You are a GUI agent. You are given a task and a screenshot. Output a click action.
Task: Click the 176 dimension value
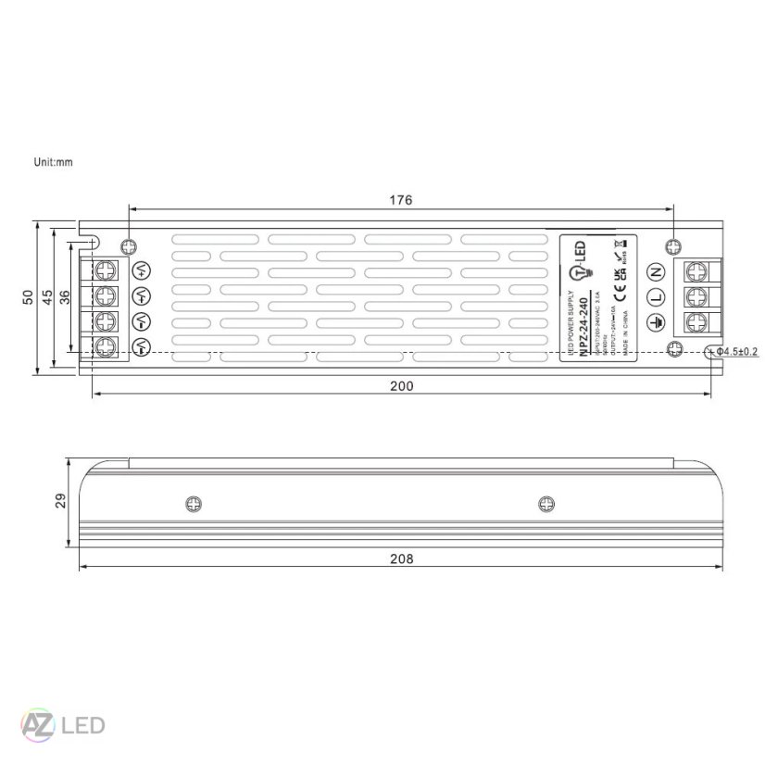coord(400,200)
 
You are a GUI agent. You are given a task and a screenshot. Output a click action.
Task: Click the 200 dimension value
coord(400,385)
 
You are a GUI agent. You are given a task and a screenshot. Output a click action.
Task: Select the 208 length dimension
coord(400,558)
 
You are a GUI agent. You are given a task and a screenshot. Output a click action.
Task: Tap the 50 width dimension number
coord(28,296)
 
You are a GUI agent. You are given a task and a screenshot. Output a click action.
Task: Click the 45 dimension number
coord(46,296)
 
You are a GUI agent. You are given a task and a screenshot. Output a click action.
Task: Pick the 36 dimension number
coord(64,296)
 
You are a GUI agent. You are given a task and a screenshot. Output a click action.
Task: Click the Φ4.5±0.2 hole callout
coord(737,352)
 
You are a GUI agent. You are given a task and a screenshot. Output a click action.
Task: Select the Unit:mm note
coord(53,162)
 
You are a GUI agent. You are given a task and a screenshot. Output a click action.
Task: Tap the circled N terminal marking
coord(656,272)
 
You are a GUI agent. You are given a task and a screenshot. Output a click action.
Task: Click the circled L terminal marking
coord(656,297)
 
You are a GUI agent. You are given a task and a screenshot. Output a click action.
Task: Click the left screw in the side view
coord(193,504)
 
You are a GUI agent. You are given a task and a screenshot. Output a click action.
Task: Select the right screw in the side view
coord(546,504)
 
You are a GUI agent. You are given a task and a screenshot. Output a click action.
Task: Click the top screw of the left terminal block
coord(107,270)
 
